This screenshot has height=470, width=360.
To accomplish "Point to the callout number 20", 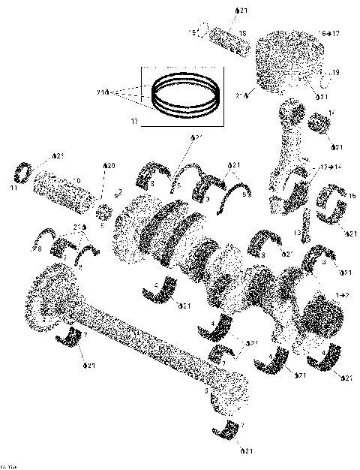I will coord(109,165).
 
